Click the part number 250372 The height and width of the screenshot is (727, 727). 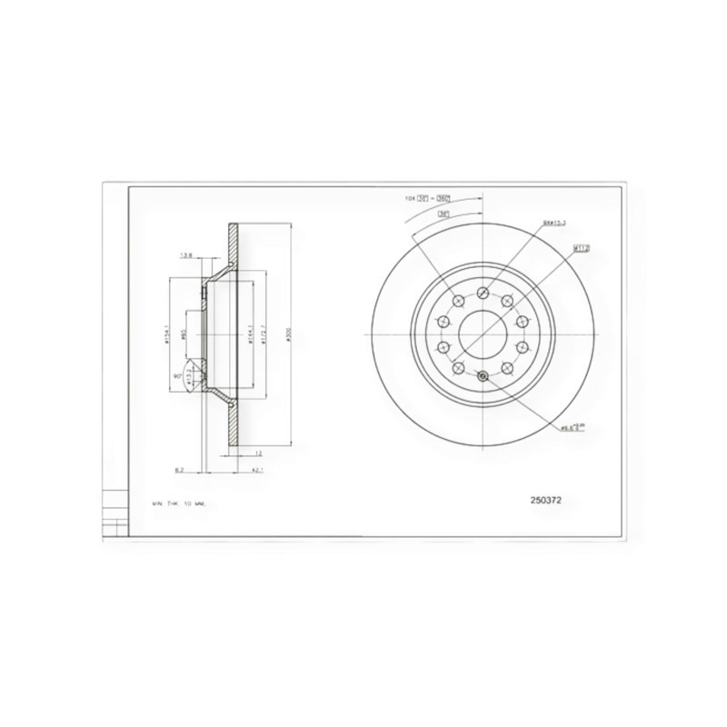click(551, 500)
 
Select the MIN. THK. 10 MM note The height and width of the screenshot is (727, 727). click(181, 503)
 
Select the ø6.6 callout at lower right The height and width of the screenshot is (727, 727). click(571, 426)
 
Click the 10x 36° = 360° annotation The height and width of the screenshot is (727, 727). click(428, 197)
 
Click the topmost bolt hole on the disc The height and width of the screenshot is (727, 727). click(483, 293)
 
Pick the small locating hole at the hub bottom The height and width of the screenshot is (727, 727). click(483, 378)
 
